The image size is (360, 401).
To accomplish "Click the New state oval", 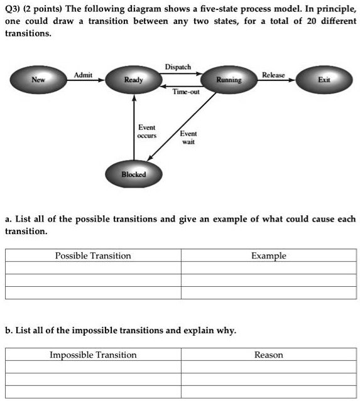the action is tap(38, 80).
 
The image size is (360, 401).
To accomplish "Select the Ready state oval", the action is tap(134, 80).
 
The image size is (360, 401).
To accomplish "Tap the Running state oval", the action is tap(229, 80).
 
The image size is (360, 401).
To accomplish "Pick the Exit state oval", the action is tap(324, 80).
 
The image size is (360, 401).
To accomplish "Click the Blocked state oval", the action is tap(134, 174).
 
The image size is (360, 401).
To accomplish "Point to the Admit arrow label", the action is tap(83, 75).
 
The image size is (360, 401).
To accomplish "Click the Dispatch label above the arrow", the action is tap(178, 67).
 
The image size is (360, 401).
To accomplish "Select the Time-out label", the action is tap(186, 92).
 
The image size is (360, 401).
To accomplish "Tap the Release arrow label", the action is tap(273, 75).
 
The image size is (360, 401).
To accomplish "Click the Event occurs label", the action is tap(147, 131).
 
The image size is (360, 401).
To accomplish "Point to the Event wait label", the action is tap(188, 137).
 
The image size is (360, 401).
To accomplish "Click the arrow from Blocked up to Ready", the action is tap(134, 127).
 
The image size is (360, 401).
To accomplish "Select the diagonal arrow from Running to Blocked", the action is tap(182, 127).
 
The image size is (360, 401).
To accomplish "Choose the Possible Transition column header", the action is tap(93, 256).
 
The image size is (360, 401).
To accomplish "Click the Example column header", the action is tap(269, 256).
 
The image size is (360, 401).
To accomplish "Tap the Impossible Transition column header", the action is tap(93, 355).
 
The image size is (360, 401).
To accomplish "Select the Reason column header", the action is tap(269, 355).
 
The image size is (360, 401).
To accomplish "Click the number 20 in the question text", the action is tap(312, 21).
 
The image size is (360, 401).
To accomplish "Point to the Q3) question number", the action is tap(13, 9).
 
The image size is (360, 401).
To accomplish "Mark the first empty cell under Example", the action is tap(269, 268).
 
